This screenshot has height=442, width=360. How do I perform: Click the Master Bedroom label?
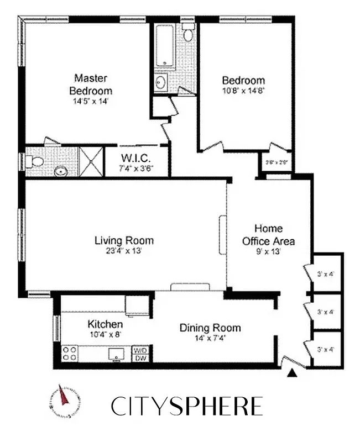[91, 84]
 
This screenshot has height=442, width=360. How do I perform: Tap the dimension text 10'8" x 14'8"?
[243, 91]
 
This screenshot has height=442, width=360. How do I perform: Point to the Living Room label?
[124, 241]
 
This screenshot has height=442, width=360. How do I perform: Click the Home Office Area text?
[269, 235]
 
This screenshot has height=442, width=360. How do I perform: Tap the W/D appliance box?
[139, 350]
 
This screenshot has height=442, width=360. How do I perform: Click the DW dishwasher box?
[139, 358]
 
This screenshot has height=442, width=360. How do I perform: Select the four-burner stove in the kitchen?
[69, 353]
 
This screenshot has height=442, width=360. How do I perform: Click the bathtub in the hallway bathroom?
[165, 47]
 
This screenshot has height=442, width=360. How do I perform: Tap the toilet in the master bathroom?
[36, 162]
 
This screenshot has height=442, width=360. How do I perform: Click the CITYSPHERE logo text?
[186, 406]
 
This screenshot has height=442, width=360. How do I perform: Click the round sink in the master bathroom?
[60, 171]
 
